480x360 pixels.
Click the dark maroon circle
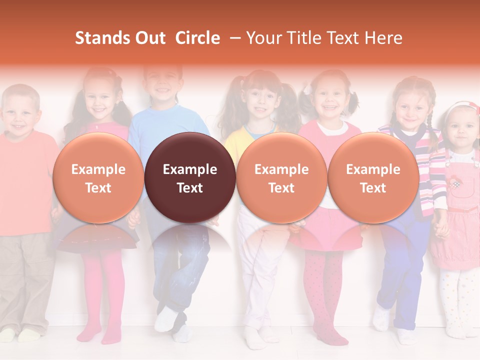[x=190, y=178]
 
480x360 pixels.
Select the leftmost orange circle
[x=98, y=178]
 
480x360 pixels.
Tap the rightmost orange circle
[x=373, y=178]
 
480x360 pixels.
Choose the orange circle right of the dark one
[x=281, y=178]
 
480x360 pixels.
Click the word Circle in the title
[x=197, y=38]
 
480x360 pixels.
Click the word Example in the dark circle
[x=190, y=169]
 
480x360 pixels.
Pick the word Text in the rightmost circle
[x=373, y=188]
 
